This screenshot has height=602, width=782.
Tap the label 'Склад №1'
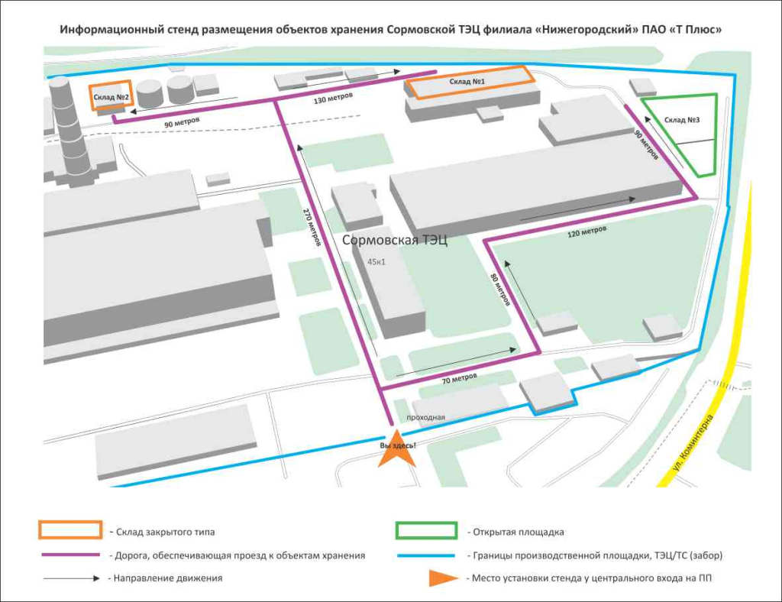click(467, 81)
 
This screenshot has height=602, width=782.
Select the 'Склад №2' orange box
click(111, 96)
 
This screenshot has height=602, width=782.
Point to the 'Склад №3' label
click(682, 120)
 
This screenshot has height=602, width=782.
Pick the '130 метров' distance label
click(333, 98)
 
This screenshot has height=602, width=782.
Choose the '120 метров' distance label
click(588, 229)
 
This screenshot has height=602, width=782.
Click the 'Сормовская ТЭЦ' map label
click(395, 241)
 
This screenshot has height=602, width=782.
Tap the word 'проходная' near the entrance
click(425, 417)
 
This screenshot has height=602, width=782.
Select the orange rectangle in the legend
click(70, 531)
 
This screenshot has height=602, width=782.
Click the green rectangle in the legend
click(426, 531)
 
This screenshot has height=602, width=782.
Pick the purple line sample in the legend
click(70, 555)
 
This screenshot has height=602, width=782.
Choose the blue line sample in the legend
click(426, 555)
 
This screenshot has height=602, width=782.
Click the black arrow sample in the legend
click(70, 578)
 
